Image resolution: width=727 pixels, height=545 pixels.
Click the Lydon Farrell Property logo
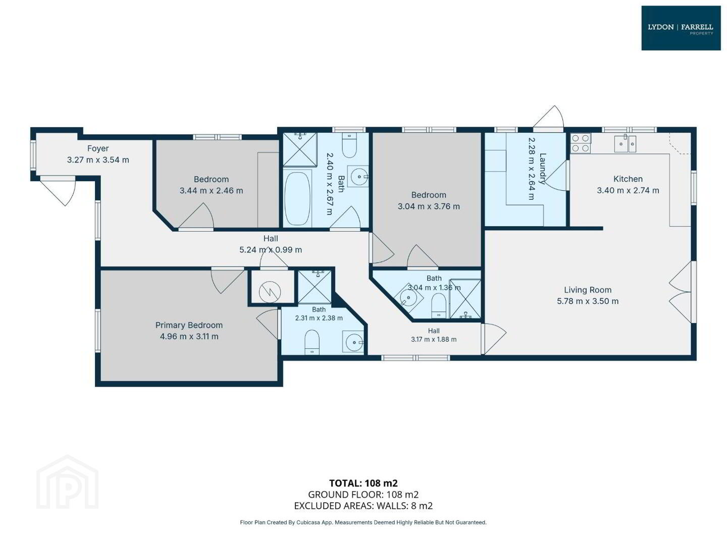(x=681, y=28)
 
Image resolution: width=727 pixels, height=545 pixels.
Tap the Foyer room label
(x=98, y=148)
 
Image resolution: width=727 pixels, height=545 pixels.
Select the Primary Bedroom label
(x=189, y=325)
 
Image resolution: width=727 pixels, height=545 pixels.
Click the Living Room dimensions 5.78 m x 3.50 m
(x=588, y=301)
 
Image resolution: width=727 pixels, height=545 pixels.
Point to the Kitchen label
(x=628, y=179)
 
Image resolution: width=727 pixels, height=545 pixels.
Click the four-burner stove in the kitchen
(x=580, y=143)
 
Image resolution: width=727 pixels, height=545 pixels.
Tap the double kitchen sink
(x=625, y=144)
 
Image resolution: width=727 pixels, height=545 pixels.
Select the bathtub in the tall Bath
(x=297, y=198)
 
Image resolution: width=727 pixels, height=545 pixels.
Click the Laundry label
(x=542, y=169)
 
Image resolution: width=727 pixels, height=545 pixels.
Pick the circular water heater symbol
(x=270, y=292)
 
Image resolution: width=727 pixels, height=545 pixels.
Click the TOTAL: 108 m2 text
(x=363, y=483)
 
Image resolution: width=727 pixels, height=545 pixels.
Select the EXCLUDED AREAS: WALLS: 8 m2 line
(x=363, y=506)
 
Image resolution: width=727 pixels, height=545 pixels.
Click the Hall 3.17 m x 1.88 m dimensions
(x=434, y=339)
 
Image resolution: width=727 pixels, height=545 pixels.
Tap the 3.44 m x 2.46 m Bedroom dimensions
(x=212, y=191)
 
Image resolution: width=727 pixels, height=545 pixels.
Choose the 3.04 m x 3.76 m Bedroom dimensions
(x=429, y=206)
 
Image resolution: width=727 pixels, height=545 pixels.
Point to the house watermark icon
(x=67, y=483)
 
